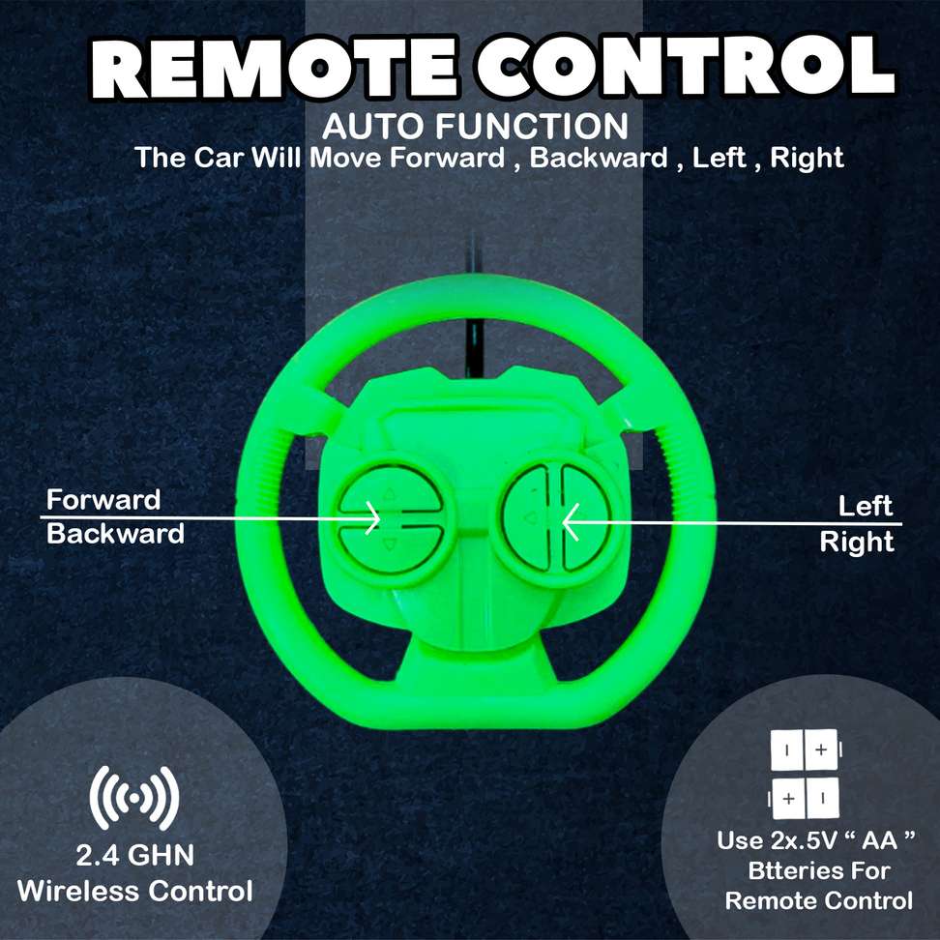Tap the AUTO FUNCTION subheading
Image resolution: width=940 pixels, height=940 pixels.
[475, 127]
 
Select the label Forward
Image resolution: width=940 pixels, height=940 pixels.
[103, 499]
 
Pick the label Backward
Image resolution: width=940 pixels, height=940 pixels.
[115, 534]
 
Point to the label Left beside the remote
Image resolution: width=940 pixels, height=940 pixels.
[866, 506]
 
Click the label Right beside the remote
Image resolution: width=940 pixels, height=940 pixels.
[857, 542]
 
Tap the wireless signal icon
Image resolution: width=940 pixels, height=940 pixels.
[134, 798]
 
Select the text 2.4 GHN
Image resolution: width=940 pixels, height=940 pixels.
[134, 855]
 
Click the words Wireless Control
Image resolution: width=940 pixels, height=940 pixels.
[134, 891]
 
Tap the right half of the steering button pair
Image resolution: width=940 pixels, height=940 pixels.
[584, 517]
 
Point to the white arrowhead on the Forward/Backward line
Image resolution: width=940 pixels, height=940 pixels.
[372, 517]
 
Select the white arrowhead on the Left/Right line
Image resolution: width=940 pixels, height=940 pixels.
[571, 522]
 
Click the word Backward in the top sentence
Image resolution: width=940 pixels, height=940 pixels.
[599, 158]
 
